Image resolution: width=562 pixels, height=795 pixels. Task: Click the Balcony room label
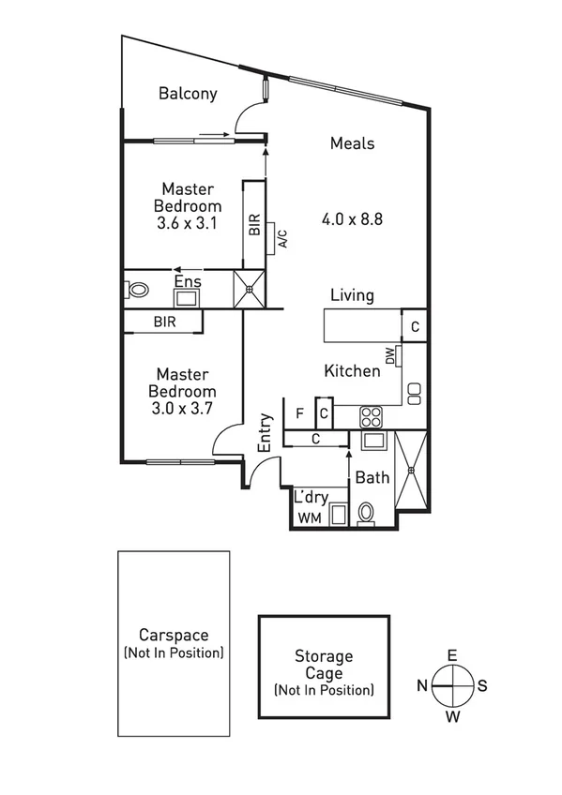click(188, 94)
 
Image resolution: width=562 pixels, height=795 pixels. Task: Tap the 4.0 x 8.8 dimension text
click(352, 220)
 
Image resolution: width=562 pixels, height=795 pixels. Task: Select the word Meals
click(352, 143)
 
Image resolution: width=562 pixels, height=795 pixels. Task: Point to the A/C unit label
click(281, 239)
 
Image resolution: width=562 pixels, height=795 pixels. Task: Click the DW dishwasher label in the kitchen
click(388, 355)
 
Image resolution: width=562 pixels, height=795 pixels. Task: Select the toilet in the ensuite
click(138, 291)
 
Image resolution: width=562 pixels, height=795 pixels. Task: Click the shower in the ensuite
click(250, 289)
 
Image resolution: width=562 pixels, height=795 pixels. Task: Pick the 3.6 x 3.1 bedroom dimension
click(188, 223)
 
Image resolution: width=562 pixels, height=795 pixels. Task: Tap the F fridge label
click(299, 412)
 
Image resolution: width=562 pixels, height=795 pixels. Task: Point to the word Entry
click(266, 434)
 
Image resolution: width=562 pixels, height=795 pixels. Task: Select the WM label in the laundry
click(309, 517)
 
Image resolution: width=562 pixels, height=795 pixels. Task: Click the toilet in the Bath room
click(367, 512)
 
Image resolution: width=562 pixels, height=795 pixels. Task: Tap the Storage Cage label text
click(324, 665)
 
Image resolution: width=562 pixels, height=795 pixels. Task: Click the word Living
click(352, 295)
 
